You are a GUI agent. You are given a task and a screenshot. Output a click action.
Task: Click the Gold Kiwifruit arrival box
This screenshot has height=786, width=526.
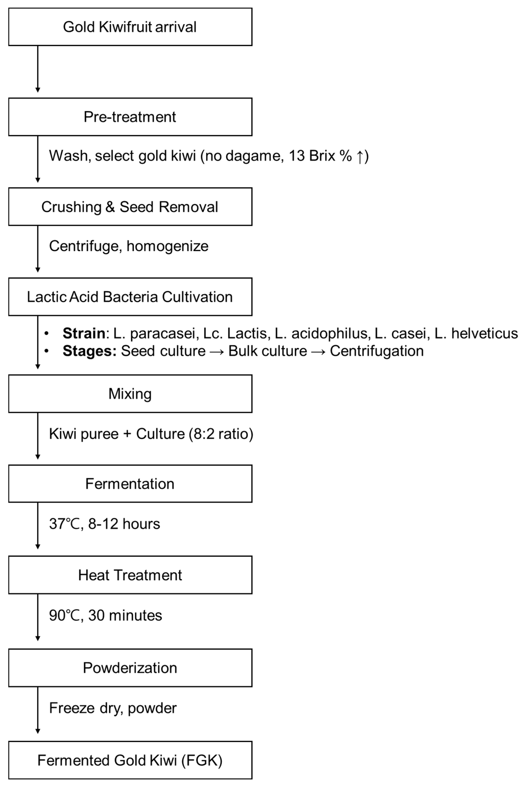[x=130, y=27]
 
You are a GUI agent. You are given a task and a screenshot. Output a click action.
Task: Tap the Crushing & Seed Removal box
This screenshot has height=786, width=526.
[x=130, y=207]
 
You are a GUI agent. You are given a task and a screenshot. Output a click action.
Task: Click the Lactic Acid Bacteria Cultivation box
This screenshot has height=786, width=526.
[x=130, y=297]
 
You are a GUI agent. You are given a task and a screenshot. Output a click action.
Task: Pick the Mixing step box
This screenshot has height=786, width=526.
[x=130, y=394]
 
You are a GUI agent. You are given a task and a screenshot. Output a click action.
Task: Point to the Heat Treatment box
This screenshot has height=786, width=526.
[x=130, y=575]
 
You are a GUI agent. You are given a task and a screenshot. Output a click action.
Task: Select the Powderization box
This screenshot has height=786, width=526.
[x=130, y=668]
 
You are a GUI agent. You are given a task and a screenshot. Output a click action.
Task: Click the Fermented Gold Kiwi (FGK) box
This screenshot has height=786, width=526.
[x=130, y=760]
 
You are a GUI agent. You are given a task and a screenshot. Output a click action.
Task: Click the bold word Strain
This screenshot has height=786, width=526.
[x=84, y=333]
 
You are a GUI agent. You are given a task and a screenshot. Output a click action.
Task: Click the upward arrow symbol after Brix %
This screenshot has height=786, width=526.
[x=360, y=156]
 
